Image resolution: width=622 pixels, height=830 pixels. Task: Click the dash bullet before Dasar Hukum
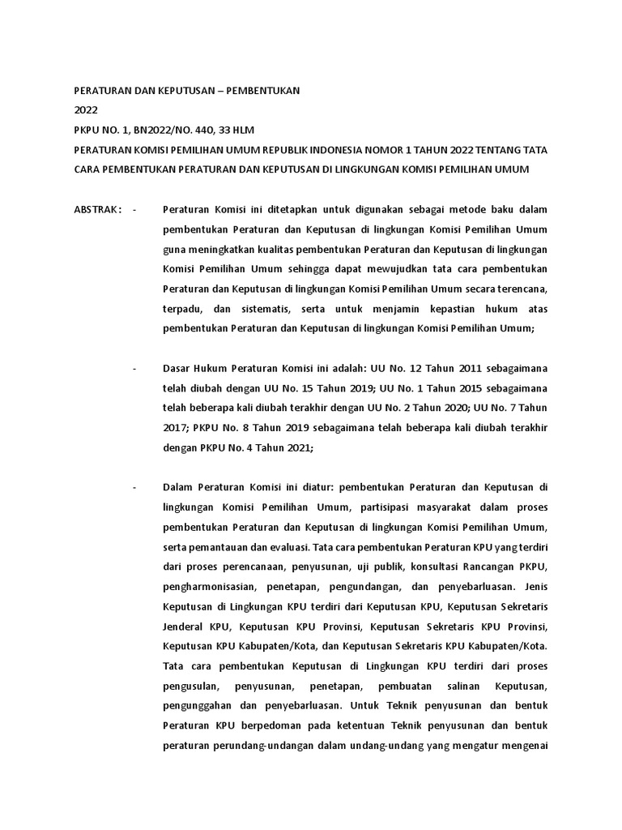[134, 368]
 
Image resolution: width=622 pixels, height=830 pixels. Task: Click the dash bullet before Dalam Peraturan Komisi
[134, 486]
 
